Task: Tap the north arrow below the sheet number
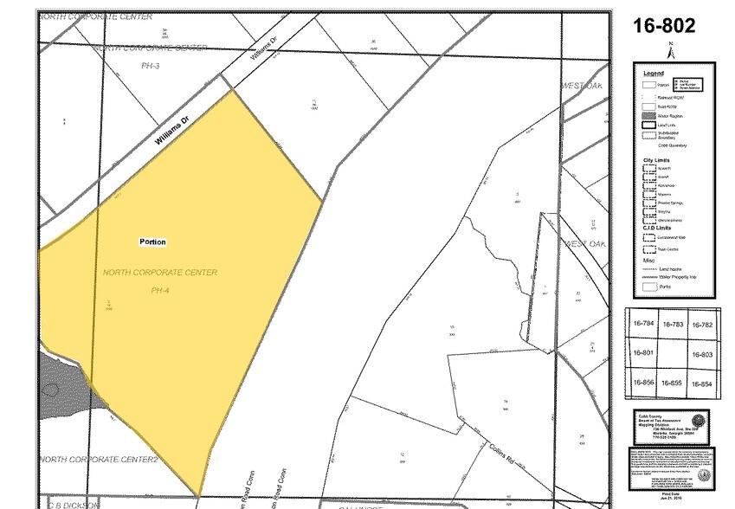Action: pyautogui.click(x=668, y=49)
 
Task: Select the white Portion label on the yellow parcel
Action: pyautogui.click(x=152, y=242)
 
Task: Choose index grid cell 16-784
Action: pyautogui.click(x=643, y=324)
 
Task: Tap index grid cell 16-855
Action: pyautogui.click(x=673, y=383)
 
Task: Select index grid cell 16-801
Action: pyautogui.click(x=643, y=353)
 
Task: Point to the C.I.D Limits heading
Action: pyautogui.click(x=657, y=228)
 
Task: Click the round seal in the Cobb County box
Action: pyautogui.click(x=697, y=422)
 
